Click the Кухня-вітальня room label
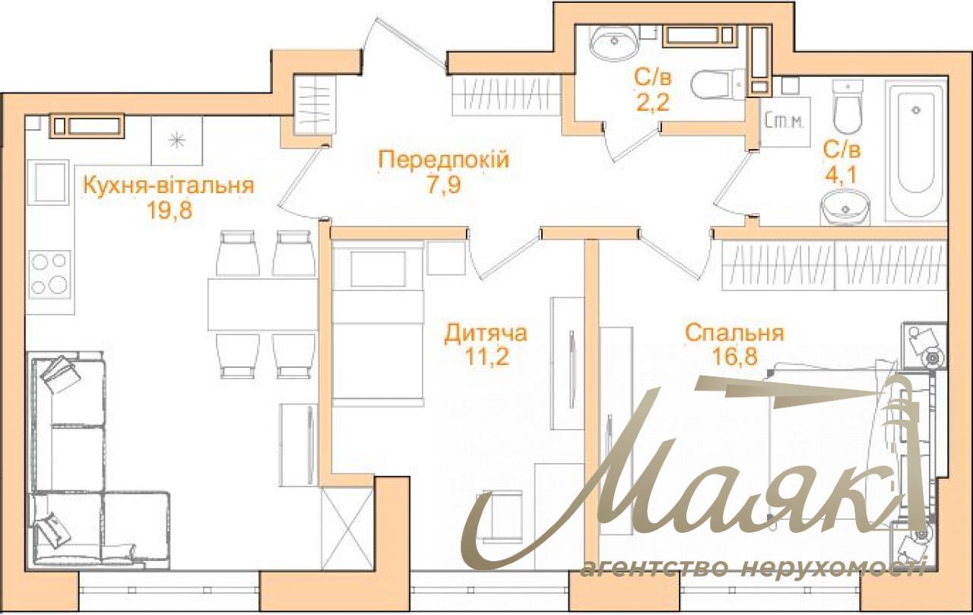click(169, 186)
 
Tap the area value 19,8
click(170, 211)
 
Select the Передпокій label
click(443, 160)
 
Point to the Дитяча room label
click(486, 334)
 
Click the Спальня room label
click(735, 334)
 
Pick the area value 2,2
click(652, 103)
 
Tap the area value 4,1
click(841, 175)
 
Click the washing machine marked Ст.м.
click(785, 122)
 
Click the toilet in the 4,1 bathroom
click(847, 108)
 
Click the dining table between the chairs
click(263, 305)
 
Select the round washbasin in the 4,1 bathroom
click(845, 209)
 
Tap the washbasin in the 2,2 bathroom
click(614, 42)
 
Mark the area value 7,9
click(443, 185)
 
